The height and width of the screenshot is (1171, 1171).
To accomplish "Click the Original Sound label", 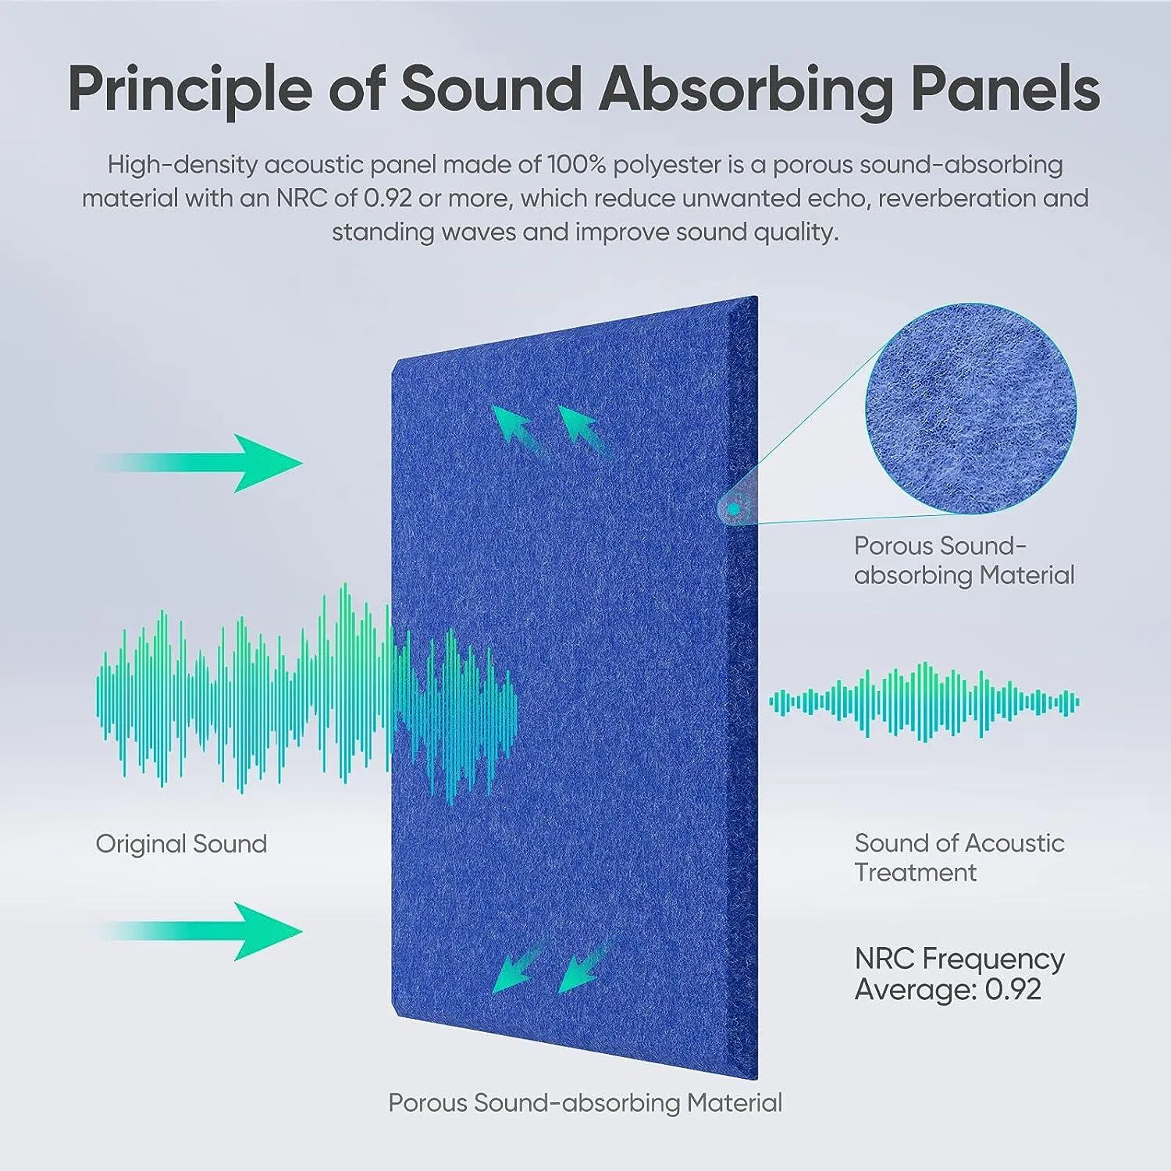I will click(181, 844).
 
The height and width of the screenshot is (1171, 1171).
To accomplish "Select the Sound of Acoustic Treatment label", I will click(959, 857).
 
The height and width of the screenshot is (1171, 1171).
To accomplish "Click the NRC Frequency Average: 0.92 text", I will click(959, 973).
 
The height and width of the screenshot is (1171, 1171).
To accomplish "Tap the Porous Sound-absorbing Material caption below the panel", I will click(585, 1103).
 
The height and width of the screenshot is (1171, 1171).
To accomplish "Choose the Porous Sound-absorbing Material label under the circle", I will click(963, 561).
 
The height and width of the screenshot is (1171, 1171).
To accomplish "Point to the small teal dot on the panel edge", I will click(733, 509).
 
